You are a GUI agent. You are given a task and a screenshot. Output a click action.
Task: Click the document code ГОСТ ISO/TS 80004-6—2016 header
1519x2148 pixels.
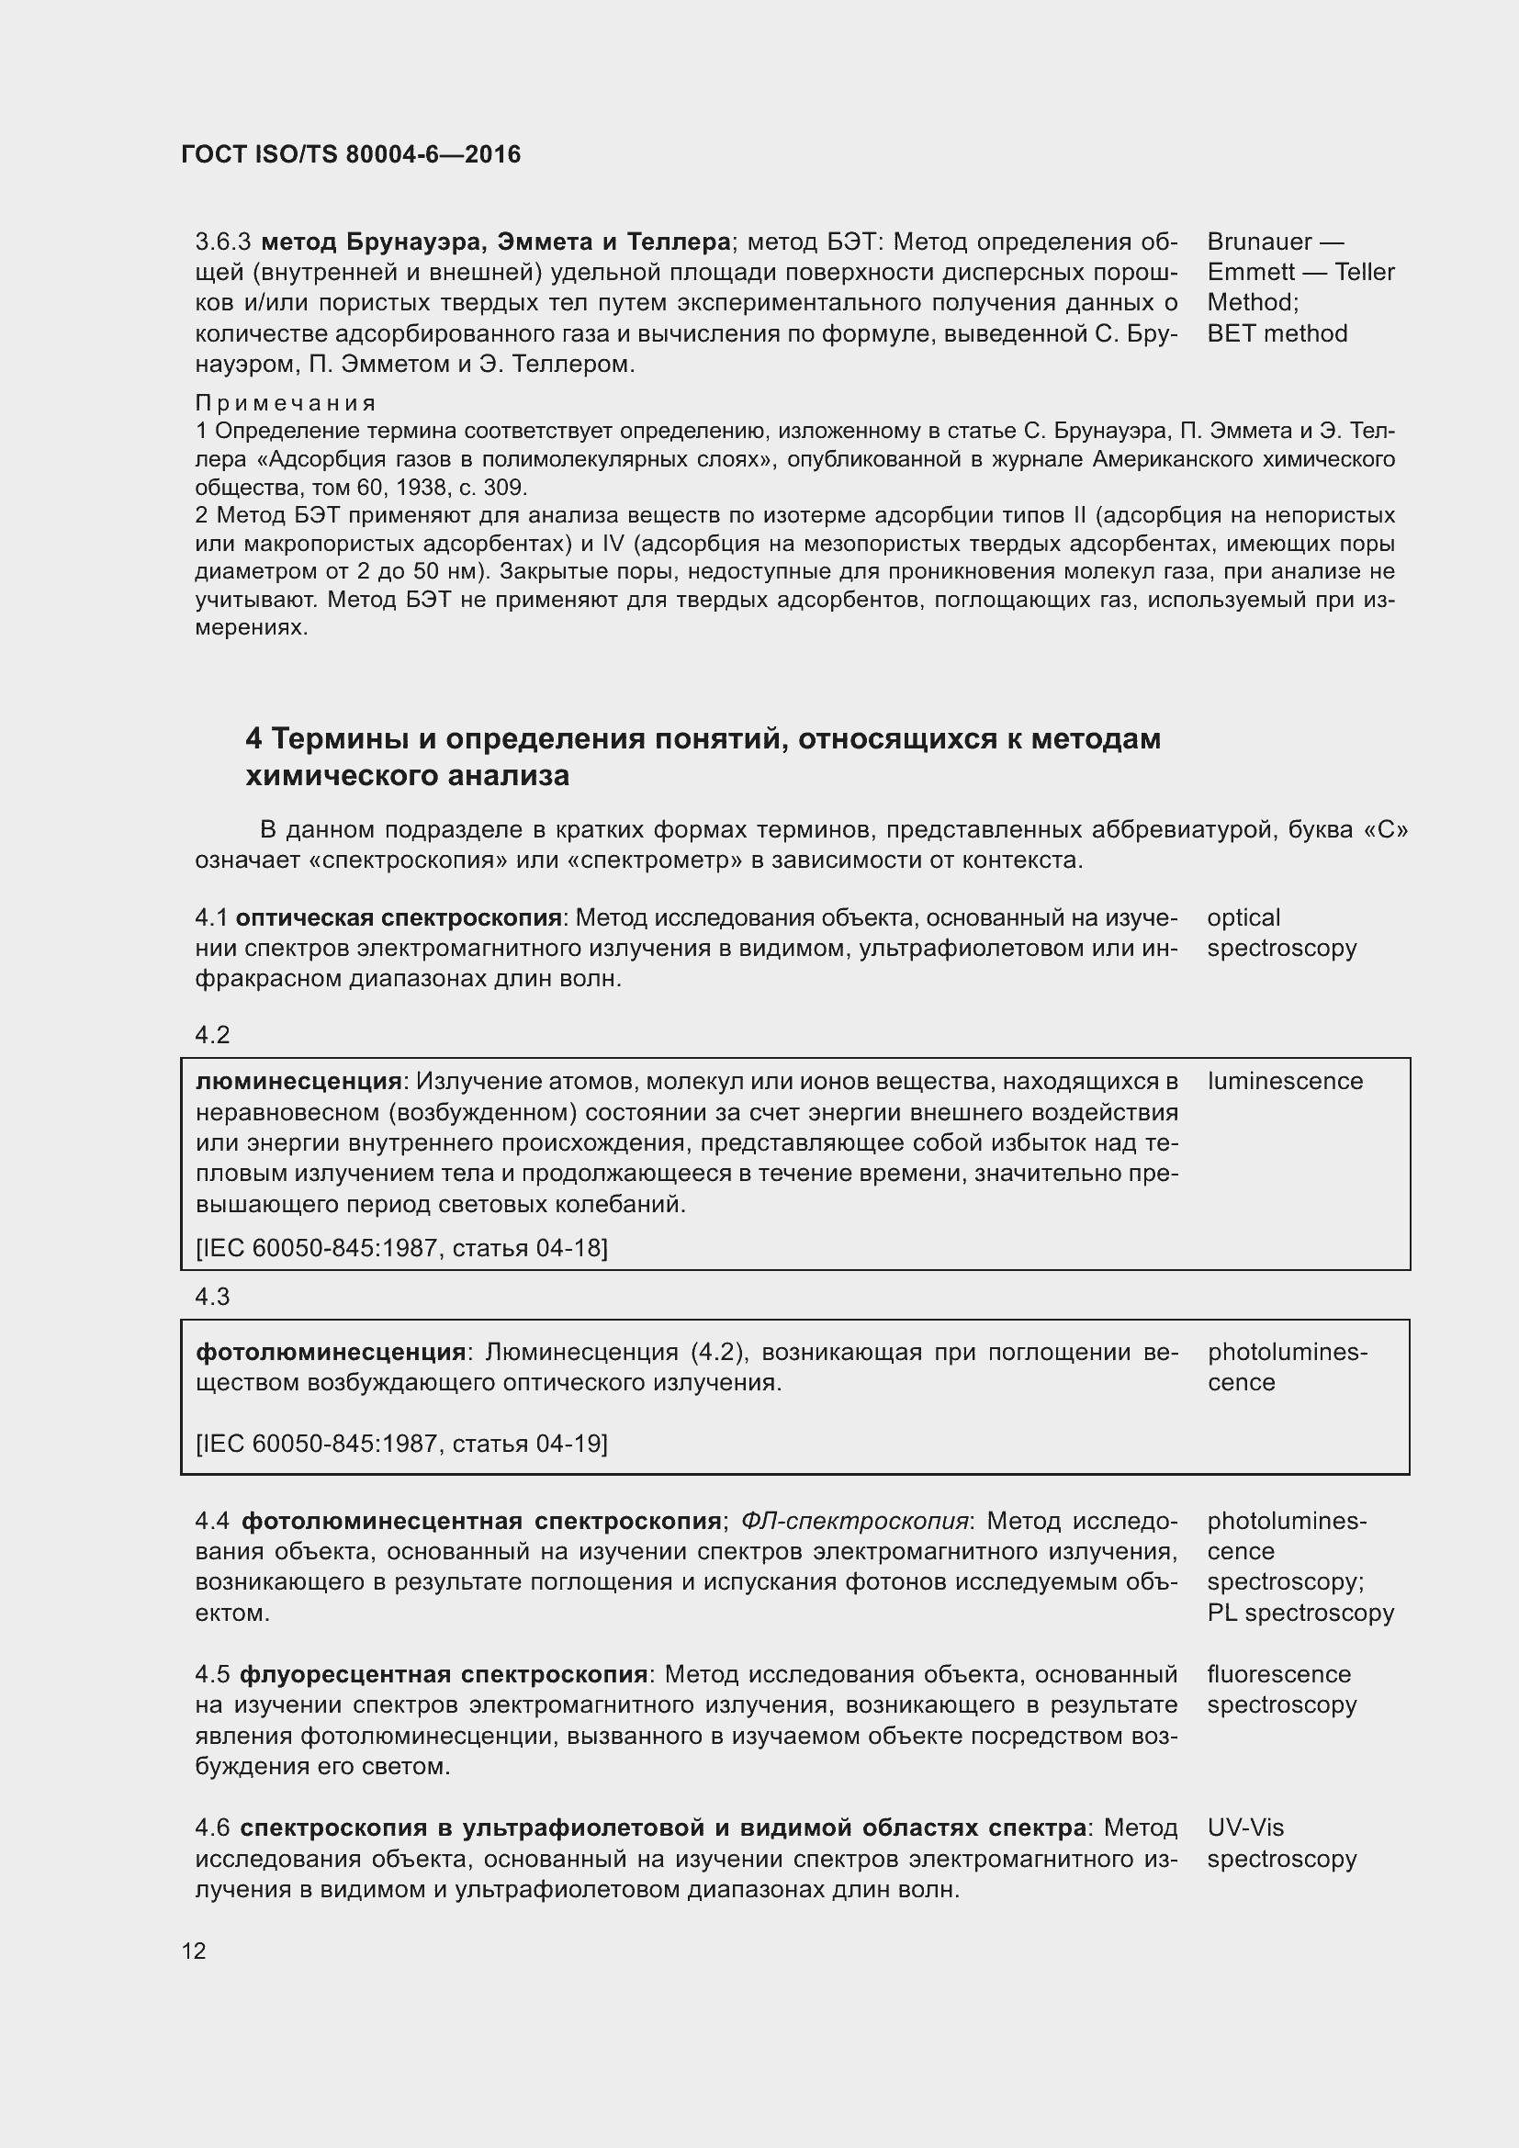351,154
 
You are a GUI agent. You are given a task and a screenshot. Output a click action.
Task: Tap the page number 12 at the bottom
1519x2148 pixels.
194,1951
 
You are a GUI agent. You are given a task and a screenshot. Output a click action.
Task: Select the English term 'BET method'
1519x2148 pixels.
1277,334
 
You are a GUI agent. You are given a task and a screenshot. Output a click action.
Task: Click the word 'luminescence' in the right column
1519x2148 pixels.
1284,1082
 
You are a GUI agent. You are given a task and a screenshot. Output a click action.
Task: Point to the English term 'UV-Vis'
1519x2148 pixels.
1245,1827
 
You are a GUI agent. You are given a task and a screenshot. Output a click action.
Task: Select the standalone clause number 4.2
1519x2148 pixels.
212,1035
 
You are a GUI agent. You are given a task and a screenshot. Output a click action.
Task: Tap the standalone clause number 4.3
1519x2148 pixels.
212,1297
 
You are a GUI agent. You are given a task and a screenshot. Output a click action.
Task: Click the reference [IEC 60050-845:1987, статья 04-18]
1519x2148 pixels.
401,1248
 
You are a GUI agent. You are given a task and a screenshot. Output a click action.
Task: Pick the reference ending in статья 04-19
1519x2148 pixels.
401,1444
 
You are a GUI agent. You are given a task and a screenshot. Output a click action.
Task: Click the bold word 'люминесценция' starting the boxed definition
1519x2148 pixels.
298,1082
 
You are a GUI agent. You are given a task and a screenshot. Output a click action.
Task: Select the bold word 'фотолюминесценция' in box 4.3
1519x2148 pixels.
331,1352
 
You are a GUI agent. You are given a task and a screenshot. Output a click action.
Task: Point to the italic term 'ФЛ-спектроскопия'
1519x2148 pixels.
854,1521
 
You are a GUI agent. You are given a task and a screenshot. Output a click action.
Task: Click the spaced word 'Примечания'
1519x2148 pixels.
286,403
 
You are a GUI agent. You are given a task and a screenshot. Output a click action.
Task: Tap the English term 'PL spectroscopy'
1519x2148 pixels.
1300,1613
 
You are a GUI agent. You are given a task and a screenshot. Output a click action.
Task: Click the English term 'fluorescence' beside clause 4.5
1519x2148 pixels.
1278,1675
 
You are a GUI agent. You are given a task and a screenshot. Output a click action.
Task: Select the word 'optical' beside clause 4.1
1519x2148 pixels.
1243,917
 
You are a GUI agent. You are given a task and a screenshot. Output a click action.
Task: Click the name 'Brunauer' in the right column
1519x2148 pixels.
1259,242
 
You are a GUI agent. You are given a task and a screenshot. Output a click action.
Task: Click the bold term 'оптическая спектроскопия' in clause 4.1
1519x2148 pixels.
399,917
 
